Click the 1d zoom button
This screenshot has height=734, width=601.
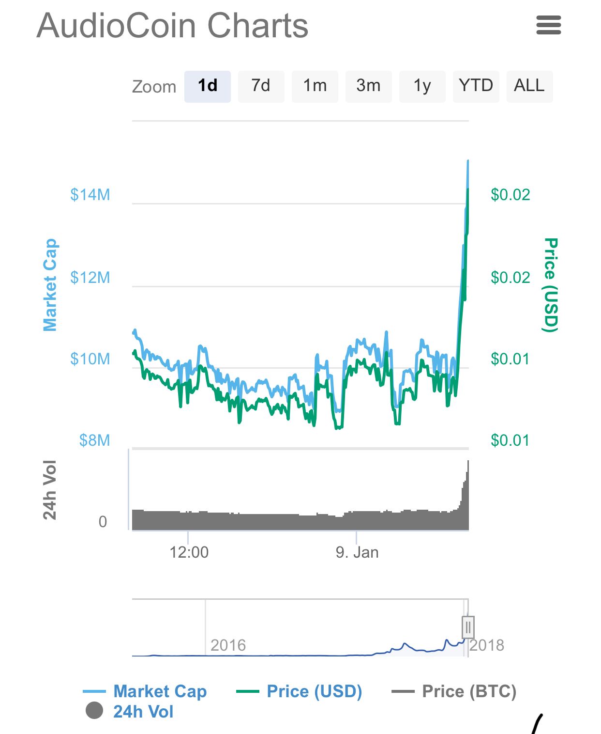[x=207, y=86]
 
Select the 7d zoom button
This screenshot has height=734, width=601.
[x=261, y=86]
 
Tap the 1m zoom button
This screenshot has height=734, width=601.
[x=315, y=86]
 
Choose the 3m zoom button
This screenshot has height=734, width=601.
[x=368, y=86]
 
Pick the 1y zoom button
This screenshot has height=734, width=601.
[x=422, y=86]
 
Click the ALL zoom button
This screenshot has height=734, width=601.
[x=529, y=86]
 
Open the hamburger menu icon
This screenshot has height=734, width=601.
[x=548, y=25]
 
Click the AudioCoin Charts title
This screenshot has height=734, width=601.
[x=172, y=26]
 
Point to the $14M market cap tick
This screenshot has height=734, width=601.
[x=90, y=195]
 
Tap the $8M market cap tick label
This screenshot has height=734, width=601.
[x=94, y=440]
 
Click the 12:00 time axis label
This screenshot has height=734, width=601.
[x=189, y=552]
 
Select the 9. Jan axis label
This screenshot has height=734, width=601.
[x=357, y=552]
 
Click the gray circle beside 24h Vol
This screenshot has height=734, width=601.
[x=94, y=711]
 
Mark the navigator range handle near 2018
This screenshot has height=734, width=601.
[x=467, y=628]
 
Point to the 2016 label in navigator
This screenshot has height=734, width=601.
[x=228, y=645]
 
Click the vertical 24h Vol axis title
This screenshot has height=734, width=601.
[x=50, y=490]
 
